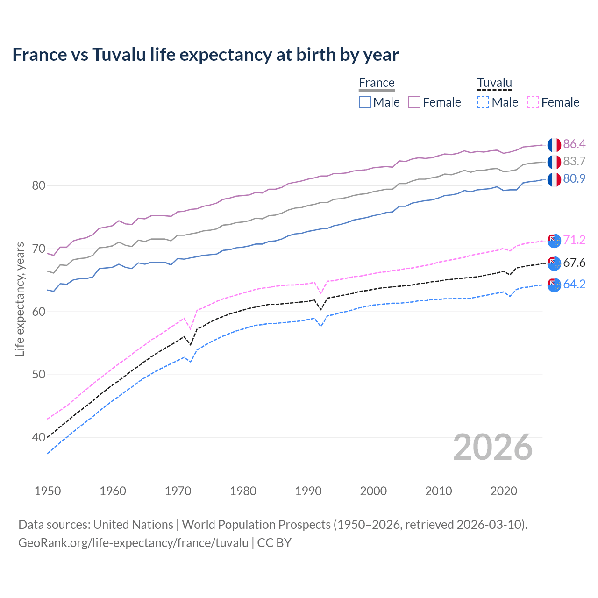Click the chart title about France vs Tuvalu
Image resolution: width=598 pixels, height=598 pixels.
(206, 55)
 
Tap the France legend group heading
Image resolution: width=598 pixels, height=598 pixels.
(377, 83)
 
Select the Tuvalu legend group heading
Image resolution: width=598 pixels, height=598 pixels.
(494, 83)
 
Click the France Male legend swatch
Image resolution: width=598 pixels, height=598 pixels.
(365, 102)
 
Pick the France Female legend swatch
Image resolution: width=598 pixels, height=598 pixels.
(414, 102)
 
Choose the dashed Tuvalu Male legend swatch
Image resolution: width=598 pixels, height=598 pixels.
(483, 102)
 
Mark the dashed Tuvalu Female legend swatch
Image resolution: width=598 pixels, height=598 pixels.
(533, 102)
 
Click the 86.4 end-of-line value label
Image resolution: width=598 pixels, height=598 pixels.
(574, 144)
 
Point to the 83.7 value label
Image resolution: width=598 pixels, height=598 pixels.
(574, 161)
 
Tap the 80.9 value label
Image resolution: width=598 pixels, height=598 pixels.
(574, 178)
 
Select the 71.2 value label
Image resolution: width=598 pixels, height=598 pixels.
(574, 240)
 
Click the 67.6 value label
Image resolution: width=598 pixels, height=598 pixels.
(574, 263)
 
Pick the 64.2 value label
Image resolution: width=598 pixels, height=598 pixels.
(574, 284)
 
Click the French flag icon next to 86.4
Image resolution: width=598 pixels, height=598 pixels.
(554, 145)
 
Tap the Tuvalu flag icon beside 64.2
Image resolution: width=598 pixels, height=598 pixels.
(554, 285)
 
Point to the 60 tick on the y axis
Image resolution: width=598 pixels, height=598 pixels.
(38, 312)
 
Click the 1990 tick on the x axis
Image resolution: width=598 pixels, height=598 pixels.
(308, 491)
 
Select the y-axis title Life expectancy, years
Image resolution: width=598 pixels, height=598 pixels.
(20, 299)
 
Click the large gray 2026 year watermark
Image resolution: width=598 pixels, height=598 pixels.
(493, 447)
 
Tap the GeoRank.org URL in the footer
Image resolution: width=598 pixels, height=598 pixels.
(133, 543)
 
